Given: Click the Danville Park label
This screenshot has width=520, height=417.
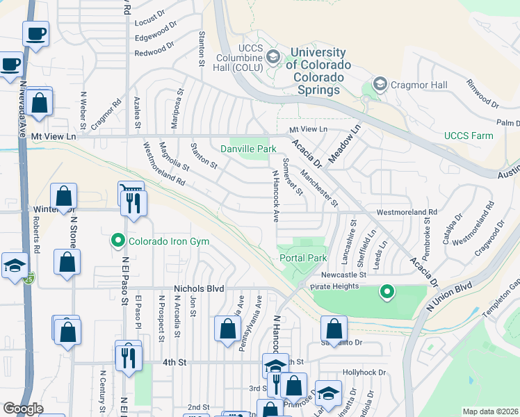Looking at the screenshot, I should [248, 149].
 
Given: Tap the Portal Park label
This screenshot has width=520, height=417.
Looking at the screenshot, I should [303, 258].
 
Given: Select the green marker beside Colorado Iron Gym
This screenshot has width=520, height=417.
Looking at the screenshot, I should [118, 241].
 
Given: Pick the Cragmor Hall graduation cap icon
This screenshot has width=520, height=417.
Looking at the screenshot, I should [380, 85].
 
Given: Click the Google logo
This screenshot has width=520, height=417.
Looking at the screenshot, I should [23, 409].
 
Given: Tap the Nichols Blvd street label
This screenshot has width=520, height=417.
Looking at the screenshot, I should [197, 288].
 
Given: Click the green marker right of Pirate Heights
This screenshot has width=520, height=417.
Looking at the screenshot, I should [387, 292].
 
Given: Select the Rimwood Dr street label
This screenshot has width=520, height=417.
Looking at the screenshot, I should [482, 94].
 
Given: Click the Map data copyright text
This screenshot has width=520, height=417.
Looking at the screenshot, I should [490, 411].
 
